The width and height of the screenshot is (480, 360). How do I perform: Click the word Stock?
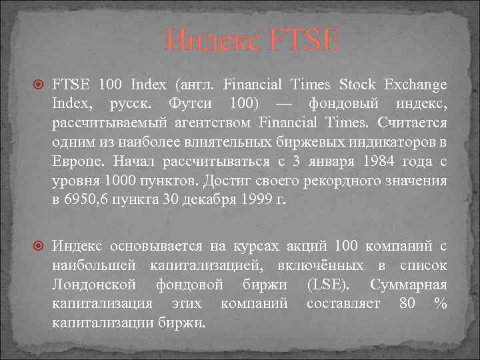pos(357,85)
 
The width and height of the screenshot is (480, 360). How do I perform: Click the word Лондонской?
pos(95,284)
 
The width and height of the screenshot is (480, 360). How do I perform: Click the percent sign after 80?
pos(439,303)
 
